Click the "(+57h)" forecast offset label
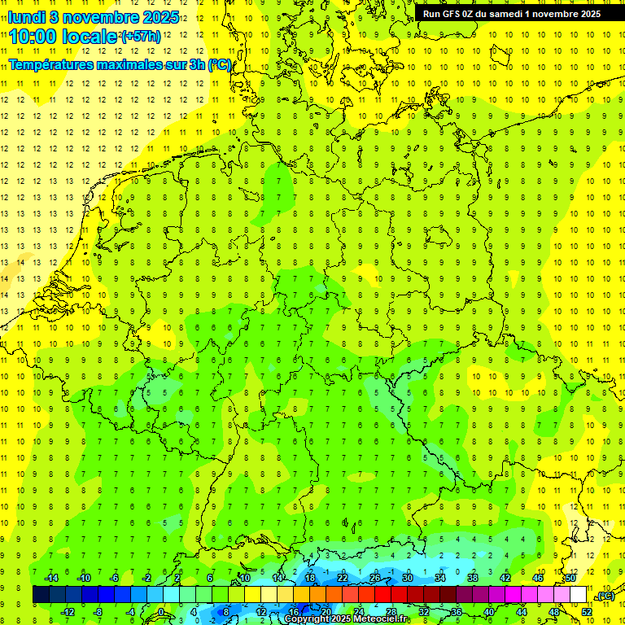[141, 37]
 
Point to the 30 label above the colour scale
[407, 578]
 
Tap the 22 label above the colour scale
[343, 578]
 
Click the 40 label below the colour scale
[488, 612]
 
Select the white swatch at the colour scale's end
[578, 595]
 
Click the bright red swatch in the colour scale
[382, 595]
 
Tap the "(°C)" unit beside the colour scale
[605, 596]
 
